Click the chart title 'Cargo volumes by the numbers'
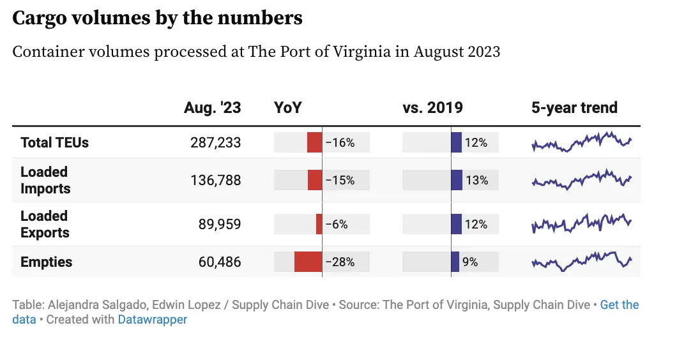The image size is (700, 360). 157,19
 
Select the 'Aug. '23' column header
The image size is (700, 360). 212,108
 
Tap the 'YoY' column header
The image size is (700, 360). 287,108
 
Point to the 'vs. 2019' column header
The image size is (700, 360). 432,108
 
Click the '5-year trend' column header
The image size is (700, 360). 574,108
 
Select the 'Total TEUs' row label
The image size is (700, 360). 54,142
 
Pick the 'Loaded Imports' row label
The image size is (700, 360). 45,180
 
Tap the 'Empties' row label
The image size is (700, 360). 46,262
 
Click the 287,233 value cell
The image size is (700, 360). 215,142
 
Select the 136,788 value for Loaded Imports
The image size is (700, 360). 215,181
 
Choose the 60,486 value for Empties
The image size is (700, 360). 219,262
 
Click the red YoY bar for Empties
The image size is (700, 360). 308,262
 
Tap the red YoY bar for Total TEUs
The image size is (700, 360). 314,142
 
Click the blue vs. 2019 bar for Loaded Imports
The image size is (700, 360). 457,181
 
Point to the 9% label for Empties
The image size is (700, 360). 470,262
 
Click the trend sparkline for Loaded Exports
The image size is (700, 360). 581,223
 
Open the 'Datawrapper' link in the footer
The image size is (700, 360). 152,319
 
